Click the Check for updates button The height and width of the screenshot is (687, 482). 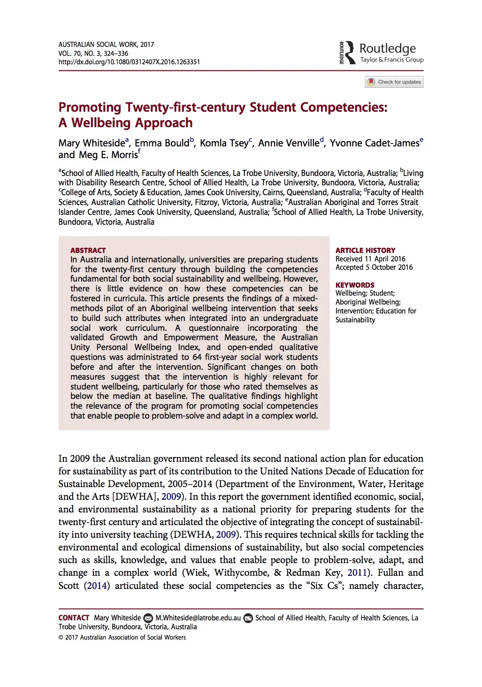[394, 82]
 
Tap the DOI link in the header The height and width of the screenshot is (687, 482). [129, 62]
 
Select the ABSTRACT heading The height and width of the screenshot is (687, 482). [88, 250]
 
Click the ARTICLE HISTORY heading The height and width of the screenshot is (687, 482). [365, 250]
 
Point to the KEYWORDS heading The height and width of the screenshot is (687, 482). [355, 285]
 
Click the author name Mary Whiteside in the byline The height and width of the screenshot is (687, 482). [92, 143]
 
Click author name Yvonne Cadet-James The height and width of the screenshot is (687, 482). [374, 143]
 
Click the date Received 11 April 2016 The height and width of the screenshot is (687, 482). [370, 259]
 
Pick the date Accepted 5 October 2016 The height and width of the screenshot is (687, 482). [374, 267]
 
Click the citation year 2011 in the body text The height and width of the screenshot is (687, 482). [357, 572]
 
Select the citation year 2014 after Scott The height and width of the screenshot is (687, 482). [97, 586]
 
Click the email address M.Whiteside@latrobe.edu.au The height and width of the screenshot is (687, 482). [198, 618]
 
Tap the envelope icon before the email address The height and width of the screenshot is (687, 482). [148, 618]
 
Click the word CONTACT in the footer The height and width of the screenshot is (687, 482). [74, 618]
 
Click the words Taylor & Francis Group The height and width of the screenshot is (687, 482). [391, 60]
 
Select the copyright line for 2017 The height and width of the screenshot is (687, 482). [122, 637]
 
